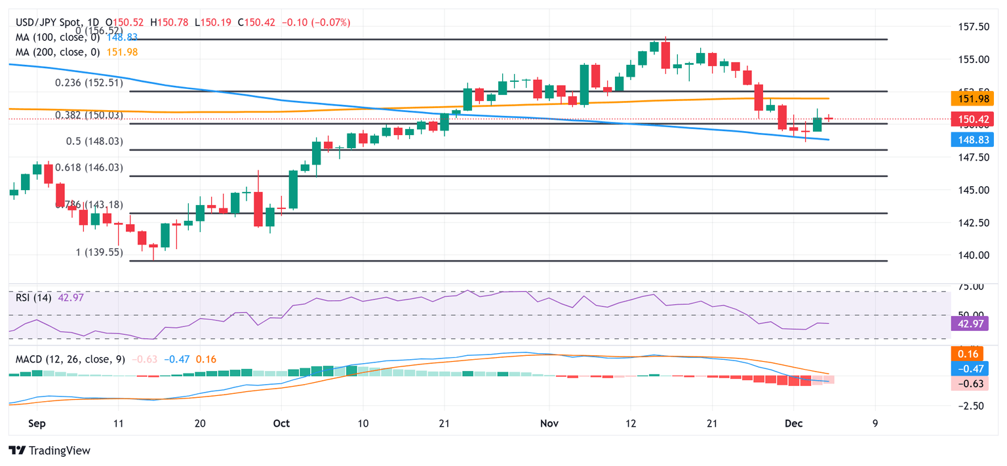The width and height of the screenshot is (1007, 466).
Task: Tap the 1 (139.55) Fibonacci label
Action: (x=96, y=252)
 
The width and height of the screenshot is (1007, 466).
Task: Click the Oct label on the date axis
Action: (x=281, y=423)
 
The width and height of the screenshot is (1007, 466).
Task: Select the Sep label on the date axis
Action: (x=37, y=423)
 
